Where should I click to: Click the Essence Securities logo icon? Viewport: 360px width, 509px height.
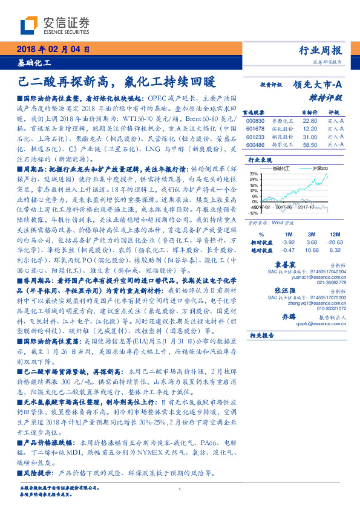(x=29, y=25)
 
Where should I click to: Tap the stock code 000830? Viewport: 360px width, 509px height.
(x=256, y=120)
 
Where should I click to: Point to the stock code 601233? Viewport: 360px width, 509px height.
(x=256, y=137)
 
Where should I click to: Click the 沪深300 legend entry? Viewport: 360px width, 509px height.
(x=317, y=168)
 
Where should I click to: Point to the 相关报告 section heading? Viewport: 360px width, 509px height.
(x=262, y=336)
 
